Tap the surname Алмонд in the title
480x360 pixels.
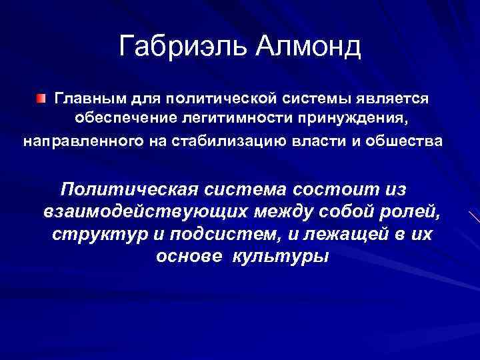(307, 47)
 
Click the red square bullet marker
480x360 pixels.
(42, 99)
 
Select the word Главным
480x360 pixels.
(89, 99)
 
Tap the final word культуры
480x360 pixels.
(280, 257)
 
